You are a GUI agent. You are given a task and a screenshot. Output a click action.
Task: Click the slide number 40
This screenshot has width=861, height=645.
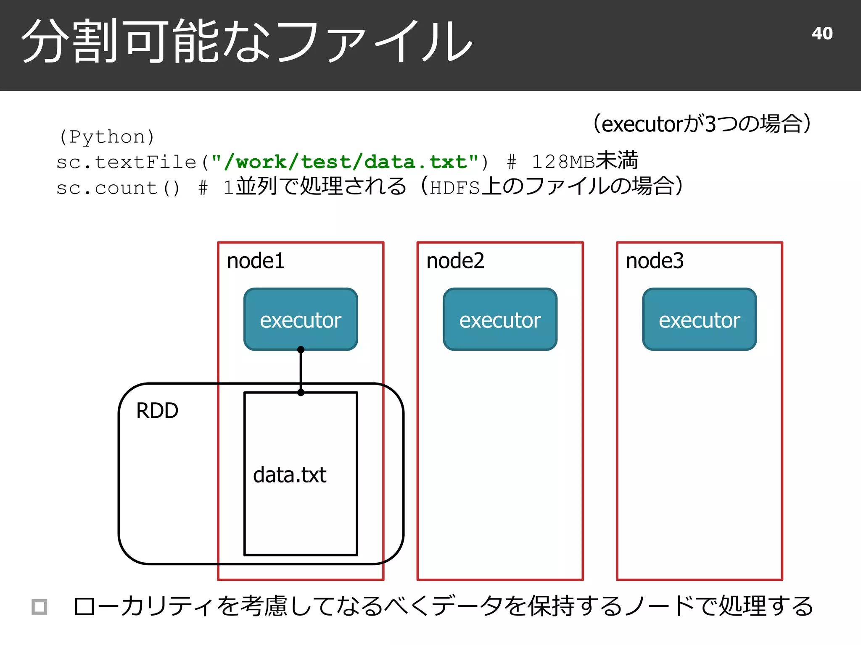pyautogui.click(x=822, y=34)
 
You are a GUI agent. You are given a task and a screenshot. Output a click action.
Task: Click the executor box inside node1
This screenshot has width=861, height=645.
pyautogui.click(x=301, y=320)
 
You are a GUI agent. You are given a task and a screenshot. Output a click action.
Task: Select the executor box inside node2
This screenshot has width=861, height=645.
pyautogui.click(x=500, y=320)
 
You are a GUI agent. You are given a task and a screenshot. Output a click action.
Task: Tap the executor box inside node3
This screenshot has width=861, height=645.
pyautogui.click(x=699, y=320)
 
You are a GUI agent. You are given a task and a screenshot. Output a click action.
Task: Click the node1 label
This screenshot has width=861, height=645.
pyautogui.click(x=256, y=261)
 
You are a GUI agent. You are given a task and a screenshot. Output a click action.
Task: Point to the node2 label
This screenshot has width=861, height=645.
pyautogui.click(x=455, y=261)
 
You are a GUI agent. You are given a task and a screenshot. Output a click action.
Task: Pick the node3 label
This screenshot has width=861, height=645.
pyautogui.click(x=655, y=261)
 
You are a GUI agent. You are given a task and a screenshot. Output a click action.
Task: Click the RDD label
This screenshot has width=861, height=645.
pyautogui.click(x=157, y=411)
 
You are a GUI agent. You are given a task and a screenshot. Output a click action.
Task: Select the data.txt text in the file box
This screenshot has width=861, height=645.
pyautogui.click(x=290, y=475)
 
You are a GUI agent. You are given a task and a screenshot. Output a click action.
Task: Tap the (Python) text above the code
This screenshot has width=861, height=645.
pyautogui.click(x=107, y=137)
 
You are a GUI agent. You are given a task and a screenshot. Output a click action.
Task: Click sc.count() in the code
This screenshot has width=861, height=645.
pyautogui.click(x=118, y=188)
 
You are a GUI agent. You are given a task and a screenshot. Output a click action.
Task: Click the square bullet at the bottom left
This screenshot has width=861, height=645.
pyautogui.click(x=40, y=607)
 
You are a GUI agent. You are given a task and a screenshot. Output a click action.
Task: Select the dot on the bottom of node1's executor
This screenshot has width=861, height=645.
pyautogui.click(x=301, y=349)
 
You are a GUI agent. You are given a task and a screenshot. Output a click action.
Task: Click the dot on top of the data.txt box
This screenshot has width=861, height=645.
pyautogui.click(x=301, y=393)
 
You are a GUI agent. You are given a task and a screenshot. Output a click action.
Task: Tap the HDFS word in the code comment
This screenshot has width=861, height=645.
pyautogui.click(x=455, y=188)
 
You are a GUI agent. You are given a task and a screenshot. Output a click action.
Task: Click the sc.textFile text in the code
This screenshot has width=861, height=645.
pyautogui.click(x=126, y=162)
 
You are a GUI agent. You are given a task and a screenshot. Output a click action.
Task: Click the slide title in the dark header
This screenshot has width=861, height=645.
pyautogui.click(x=247, y=42)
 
